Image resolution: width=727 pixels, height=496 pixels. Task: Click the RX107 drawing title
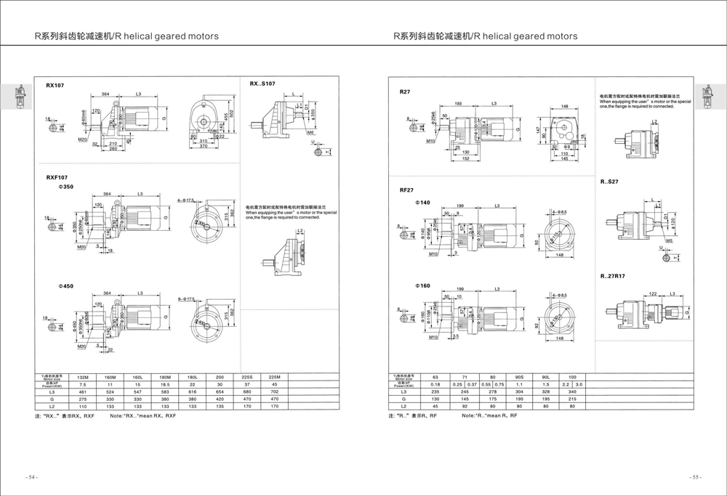tap(55, 85)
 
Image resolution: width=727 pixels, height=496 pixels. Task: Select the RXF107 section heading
tap(57, 176)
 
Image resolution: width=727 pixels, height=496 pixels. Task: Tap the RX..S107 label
tap(262, 84)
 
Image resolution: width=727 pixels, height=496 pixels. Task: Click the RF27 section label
tap(407, 190)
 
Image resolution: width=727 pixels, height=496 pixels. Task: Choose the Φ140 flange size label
tap(422, 202)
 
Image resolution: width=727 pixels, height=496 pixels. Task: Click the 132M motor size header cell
tap(82, 377)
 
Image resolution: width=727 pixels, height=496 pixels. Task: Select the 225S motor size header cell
tap(247, 377)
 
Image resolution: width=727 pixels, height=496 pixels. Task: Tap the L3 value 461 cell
tap(82, 391)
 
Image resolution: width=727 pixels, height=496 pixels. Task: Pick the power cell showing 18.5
tap(165, 384)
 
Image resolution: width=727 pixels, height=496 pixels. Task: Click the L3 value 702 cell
tap(275, 391)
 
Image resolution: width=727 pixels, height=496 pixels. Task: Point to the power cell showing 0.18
tap(435, 384)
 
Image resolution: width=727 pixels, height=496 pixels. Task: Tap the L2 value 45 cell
tap(435, 406)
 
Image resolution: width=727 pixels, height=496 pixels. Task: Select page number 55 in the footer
tap(695, 477)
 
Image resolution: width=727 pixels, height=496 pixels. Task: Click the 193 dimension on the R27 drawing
tap(458, 104)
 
